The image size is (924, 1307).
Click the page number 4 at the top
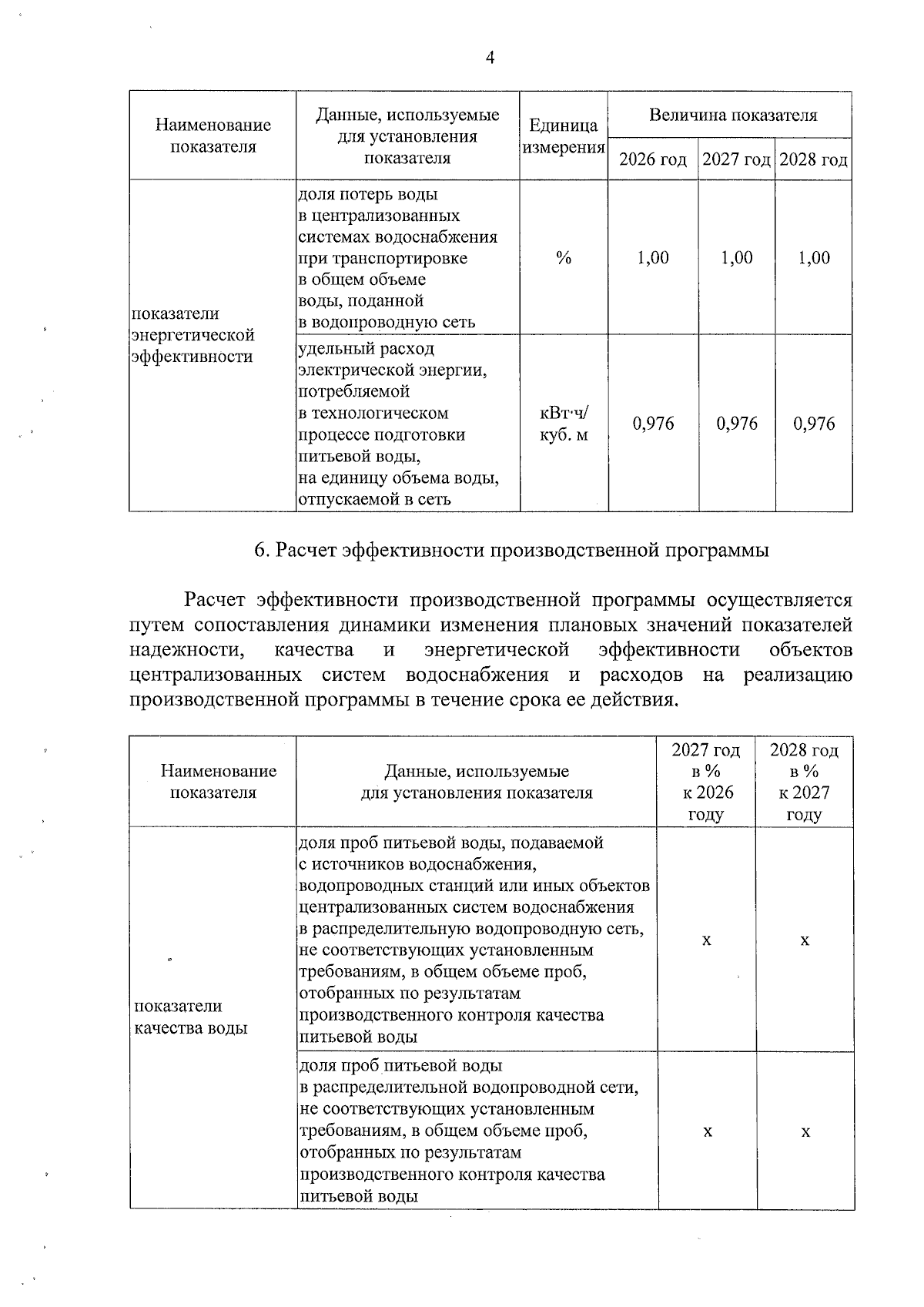(x=490, y=59)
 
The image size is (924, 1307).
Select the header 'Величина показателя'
(x=732, y=116)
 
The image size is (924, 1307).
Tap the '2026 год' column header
(x=653, y=160)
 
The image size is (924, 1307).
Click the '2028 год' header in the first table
(x=813, y=160)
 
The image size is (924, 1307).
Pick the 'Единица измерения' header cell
(x=564, y=136)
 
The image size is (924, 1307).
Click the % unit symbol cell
(x=564, y=258)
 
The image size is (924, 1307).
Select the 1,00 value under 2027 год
(x=737, y=258)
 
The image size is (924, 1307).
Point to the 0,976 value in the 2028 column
(x=814, y=424)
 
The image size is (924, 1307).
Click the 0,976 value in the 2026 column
(x=653, y=424)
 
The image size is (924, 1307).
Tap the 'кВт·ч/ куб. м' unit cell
(x=564, y=424)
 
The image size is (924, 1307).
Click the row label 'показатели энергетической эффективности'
(x=192, y=335)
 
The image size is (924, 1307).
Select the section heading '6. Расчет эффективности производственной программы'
(x=511, y=551)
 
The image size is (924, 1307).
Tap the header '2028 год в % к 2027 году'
(x=805, y=782)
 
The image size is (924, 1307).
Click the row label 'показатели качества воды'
(x=191, y=1017)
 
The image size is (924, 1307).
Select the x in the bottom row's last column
(x=805, y=1131)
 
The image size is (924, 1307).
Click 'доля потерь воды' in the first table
(x=367, y=194)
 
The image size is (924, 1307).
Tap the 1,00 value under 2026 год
(x=653, y=258)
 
